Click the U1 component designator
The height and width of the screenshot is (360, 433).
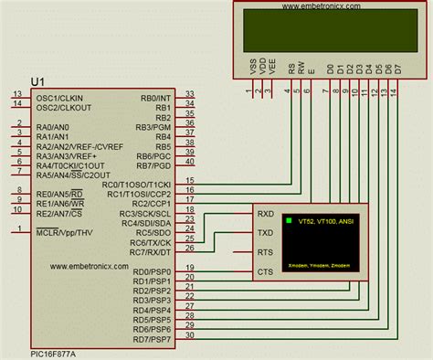tap(38, 81)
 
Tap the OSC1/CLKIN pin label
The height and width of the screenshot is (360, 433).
tap(59, 96)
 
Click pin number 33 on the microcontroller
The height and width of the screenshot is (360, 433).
tap(189, 93)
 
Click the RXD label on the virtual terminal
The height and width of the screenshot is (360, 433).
tap(265, 214)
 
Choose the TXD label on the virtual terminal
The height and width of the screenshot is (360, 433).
tap(265, 233)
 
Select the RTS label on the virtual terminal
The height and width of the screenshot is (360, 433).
tap(265, 252)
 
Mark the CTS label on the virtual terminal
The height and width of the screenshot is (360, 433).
tap(265, 271)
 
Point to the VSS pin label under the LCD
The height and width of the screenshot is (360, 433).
tap(252, 69)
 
